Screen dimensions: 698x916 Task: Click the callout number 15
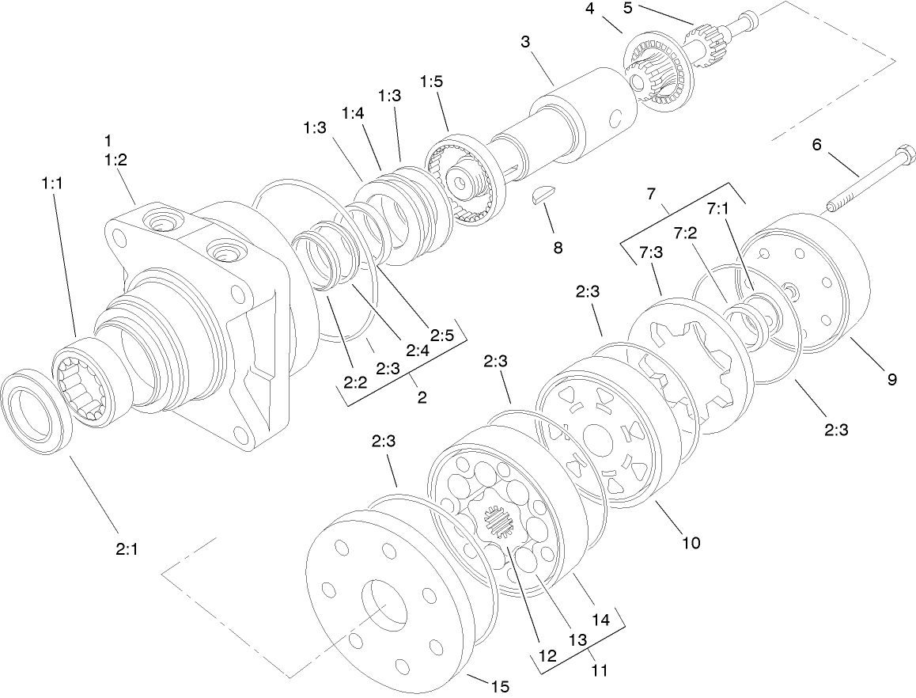499,685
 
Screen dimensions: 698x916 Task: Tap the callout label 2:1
126,548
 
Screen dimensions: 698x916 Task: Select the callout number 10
691,543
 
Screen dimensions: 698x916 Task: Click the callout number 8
558,248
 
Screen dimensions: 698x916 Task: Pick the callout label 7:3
653,252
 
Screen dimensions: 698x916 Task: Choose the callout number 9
891,380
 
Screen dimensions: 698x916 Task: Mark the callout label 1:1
53,183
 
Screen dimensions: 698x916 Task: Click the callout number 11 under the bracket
600,670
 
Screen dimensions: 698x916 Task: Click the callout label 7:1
718,208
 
